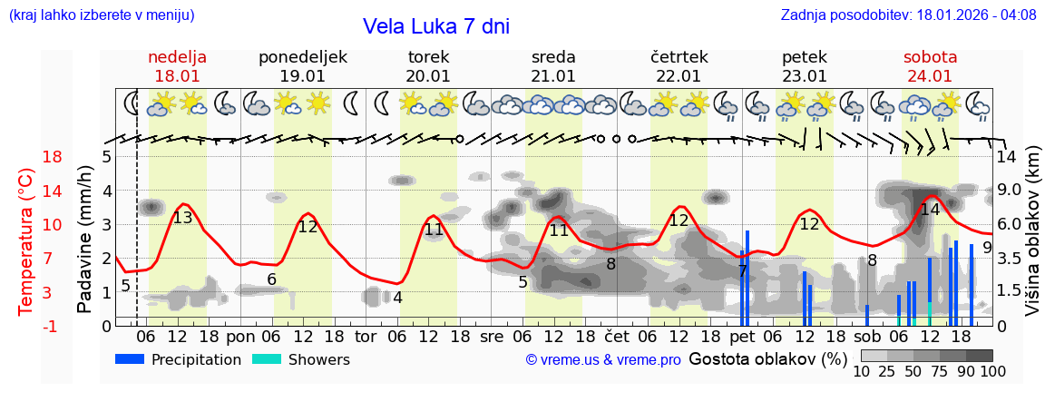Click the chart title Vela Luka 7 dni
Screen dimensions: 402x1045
click(435, 26)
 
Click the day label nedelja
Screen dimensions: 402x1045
click(178, 57)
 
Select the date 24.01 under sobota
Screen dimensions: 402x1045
click(930, 76)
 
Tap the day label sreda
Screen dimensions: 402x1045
click(553, 57)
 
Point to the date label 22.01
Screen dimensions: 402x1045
click(679, 76)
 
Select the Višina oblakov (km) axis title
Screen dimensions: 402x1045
click(1033, 231)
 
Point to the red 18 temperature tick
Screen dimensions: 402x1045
click(27, 157)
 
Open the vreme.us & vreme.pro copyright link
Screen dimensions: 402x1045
click(603, 360)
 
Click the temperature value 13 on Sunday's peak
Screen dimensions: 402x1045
click(182, 218)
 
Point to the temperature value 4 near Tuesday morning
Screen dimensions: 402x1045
click(397, 298)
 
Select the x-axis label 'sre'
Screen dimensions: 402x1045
click(492, 337)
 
